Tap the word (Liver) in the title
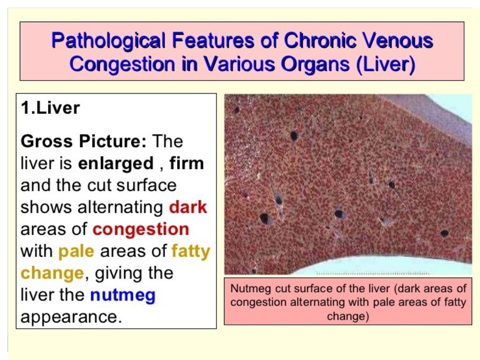pos(385,64)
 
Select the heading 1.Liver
pos(51,108)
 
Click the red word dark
pos(188,207)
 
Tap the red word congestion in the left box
pos(141,229)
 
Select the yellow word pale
pos(76,251)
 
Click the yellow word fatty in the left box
pos(191,251)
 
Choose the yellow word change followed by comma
pos(52,273)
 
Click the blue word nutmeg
pos(122,295)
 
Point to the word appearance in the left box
pos(68,317)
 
